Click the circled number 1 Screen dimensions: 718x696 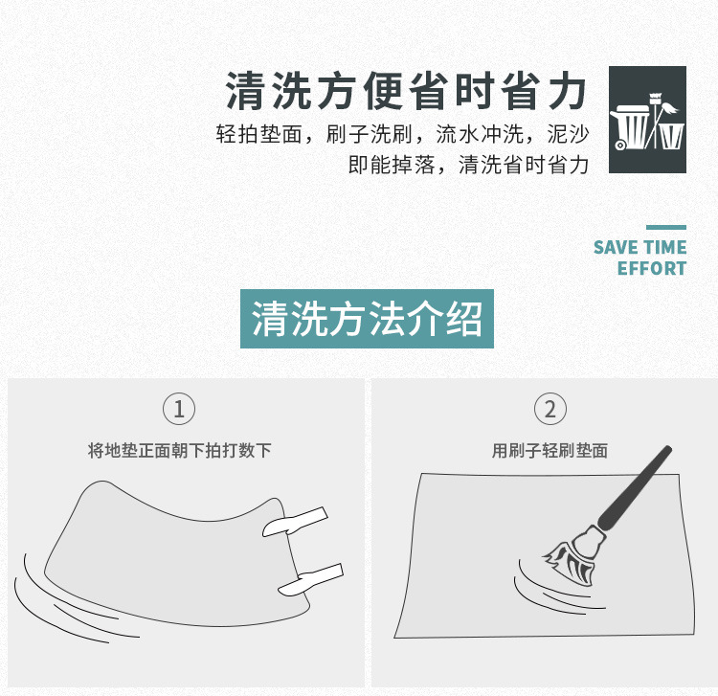(x=179, y=409)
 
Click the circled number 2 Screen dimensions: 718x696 (x=550, y=409)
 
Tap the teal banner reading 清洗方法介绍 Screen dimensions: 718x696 (x=367, y=319)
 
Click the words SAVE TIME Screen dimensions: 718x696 (x=639, y=247)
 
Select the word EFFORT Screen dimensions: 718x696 (x=652, y=268)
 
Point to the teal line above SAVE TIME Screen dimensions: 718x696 (x=666, y=227)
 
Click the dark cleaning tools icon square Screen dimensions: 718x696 (x=647, y=120)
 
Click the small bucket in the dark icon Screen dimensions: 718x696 (x=671, y=136)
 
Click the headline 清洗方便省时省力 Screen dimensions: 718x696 (x=406, y=91)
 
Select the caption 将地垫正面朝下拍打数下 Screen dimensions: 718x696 (x=180, y=451)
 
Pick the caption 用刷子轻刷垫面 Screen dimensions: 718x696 (x=550, y=451)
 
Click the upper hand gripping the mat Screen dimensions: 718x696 (x=296, y=522)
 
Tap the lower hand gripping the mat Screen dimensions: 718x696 (x=311, y=580)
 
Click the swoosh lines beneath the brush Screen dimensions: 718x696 (x=554, y=591)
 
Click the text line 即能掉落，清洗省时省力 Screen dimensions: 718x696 (x=468, y=165)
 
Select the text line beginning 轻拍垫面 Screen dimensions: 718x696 (x=402, y=134)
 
